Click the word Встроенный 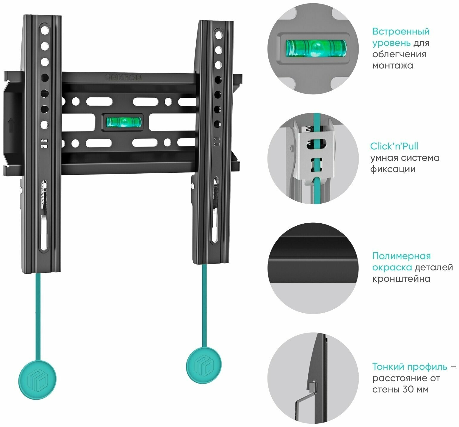tap(401, 32)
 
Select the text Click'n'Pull tap(394, 147)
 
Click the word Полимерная tap(401, 256)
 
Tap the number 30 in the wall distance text tap(407, 389)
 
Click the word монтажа tap(393, 66)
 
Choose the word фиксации tap(393, 169)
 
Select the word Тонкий tap(387, 367)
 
